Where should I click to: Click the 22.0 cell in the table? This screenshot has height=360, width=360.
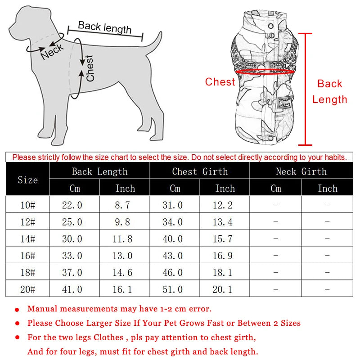[x=72, y=205]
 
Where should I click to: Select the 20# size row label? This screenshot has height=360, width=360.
[x=27, y=289]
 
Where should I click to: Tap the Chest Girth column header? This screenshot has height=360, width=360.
[x=200, y=171]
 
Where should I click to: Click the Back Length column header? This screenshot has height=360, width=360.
[x=99, y=171]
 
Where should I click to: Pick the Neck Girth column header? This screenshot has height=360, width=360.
[x=301, y=171]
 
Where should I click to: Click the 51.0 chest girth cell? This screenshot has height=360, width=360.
[x=173, y=289]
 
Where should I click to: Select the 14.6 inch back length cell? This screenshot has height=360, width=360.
[x=122, y=273]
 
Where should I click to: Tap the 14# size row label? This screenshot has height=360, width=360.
[x=27, y=239]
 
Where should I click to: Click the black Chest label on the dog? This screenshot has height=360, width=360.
[x=90, y=68]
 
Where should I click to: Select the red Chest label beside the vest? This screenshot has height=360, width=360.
[x=220, y=82]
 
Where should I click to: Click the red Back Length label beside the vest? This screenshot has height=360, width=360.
[x=330, y=91]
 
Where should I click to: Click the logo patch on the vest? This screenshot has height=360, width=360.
[x=283, y=103]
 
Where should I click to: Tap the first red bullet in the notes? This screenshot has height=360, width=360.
[x=17, y=310]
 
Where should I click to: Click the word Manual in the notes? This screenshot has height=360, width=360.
[x=42, y=309]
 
